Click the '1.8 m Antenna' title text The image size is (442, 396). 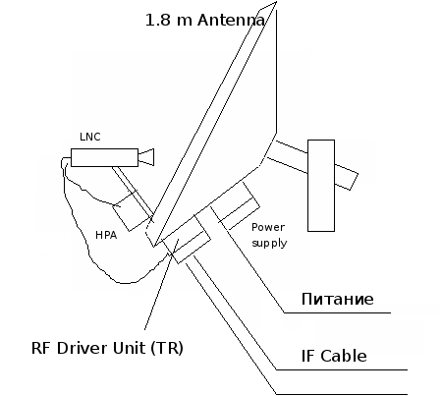[205, 20]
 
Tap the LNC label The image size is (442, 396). [90, 137]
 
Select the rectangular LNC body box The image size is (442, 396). [104, 157]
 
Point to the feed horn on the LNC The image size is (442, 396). [146, 157]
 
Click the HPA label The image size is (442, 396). [106, 235]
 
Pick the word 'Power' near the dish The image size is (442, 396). [268, 227]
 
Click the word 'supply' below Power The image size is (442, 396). [269, 243]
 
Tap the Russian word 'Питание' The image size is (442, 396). [337, 299]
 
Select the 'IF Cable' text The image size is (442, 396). [334, 356]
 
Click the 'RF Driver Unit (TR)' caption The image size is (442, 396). [107, 348]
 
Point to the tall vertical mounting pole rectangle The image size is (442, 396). [321, 186]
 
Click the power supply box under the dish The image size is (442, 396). [235, 205]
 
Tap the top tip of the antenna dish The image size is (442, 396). [277, 2]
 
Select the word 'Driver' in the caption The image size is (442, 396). [83, 348]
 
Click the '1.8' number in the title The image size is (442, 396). [158, 20]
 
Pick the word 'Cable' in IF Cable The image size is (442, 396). [344, 356]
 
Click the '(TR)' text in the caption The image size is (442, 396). [167, 348]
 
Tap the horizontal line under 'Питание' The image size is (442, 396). [337, 312]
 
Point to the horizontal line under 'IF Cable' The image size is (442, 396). [342, 370]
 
